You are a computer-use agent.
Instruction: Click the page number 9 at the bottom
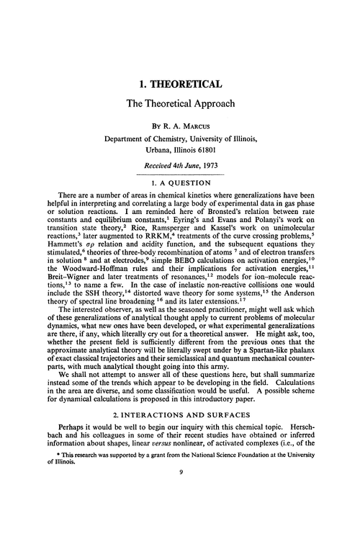(180, 514)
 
